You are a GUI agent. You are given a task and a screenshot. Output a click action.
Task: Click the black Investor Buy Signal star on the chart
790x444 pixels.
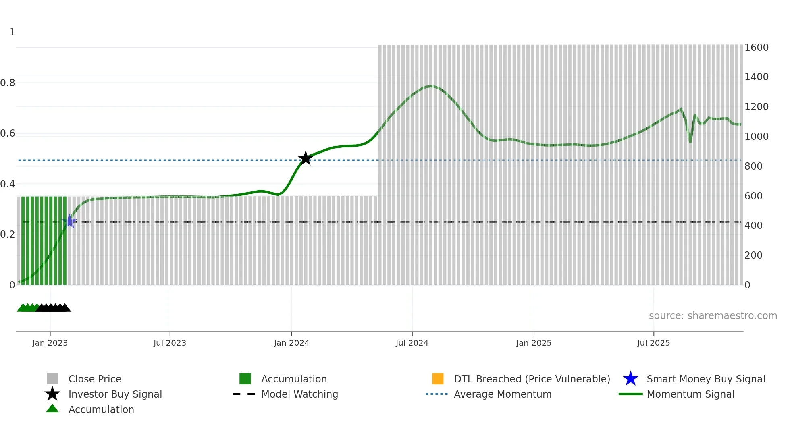[306, 158]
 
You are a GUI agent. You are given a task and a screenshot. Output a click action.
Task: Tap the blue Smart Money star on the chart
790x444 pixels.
[69, 221]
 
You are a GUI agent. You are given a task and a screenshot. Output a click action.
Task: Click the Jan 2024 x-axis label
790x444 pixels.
[291, 343]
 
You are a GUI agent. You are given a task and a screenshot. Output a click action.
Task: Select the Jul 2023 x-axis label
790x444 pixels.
[170, 343]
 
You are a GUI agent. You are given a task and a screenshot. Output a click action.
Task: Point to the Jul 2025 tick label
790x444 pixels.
[653, 343]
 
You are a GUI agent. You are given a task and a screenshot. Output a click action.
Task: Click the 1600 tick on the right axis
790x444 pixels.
[757, 48]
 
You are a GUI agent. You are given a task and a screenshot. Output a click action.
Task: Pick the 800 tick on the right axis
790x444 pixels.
[753, 166]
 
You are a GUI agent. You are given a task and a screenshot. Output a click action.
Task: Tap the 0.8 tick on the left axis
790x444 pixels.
[8, 83]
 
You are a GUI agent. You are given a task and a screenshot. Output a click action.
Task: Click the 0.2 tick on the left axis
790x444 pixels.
[8, 234]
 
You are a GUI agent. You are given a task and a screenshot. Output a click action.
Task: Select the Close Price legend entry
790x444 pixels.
[95, 379]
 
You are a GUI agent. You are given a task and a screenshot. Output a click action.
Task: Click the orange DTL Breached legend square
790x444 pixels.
[438, 379]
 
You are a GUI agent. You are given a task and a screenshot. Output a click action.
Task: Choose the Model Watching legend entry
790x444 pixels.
[299, 394]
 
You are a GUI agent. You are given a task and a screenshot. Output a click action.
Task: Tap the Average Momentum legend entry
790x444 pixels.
[503, 394]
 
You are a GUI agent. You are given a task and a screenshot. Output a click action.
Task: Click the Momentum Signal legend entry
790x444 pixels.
[690, 394]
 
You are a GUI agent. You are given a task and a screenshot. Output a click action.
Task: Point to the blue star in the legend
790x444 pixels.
[630, 379]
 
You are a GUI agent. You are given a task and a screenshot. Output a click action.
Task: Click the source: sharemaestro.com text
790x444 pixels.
[713, 316]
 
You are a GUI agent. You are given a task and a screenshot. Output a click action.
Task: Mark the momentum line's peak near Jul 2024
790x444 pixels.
[431, 86]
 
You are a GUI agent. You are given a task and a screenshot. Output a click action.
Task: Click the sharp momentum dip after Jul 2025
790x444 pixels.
[690, 142]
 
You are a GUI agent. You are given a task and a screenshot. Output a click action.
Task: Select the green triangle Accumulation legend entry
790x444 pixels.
[101, 409]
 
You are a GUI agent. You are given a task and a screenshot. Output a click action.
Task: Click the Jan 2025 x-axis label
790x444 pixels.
[534, 343]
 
